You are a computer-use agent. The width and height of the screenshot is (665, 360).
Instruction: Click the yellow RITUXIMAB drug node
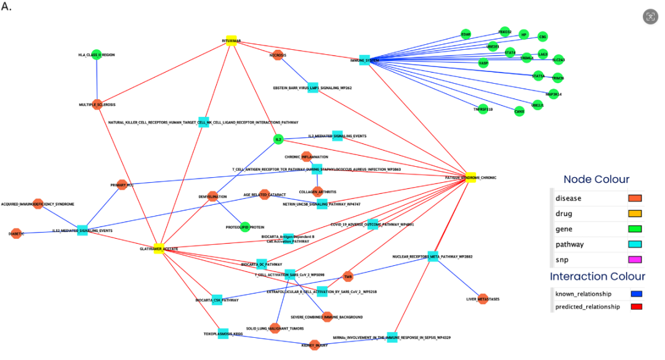[x=232, y=41]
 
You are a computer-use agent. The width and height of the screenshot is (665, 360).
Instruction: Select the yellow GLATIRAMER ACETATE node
[x=158, y=249]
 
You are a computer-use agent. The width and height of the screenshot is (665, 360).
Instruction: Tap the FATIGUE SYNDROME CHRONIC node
[x=470, y=177]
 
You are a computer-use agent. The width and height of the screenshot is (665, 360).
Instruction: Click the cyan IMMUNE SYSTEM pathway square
[x=365, y=60]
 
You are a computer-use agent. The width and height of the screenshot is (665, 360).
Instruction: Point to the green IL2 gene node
[x=278, y=140]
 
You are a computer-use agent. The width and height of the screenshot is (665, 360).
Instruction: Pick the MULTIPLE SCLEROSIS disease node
[x=97, y=104]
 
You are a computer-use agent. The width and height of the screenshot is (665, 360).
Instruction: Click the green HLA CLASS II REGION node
[x=96, y=55]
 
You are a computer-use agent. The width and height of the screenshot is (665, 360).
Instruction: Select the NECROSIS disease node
[x=278, y=55]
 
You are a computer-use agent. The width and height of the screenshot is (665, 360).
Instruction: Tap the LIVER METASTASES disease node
[x=483, y=299]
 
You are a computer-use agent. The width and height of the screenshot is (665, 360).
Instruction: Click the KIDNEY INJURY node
[x=315, y=345]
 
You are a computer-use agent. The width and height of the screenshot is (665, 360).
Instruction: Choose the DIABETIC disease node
[x=17, y=234]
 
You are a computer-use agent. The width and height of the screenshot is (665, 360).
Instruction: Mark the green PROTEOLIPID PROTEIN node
[x=245, y=227]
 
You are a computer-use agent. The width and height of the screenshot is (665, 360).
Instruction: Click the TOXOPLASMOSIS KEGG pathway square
[x=223, y=334]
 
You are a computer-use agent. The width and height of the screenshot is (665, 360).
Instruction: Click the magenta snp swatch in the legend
[x=635, y=260]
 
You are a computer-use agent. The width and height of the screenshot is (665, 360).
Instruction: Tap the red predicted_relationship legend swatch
[x=636, y=306]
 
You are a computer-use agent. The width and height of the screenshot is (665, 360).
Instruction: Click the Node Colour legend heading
[x=597, y=180]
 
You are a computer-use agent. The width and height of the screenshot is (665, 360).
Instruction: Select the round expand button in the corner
[x=650, y=17]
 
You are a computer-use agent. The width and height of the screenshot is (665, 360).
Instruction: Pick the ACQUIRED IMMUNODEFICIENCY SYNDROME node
[x=38, y=204]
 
